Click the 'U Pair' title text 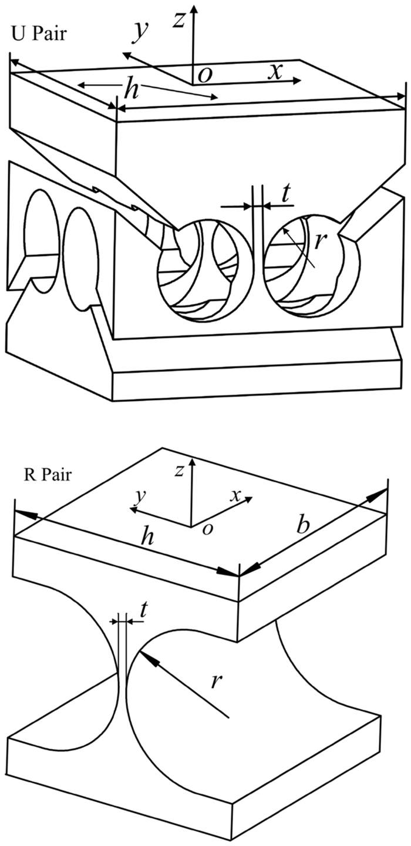point(39,33)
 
